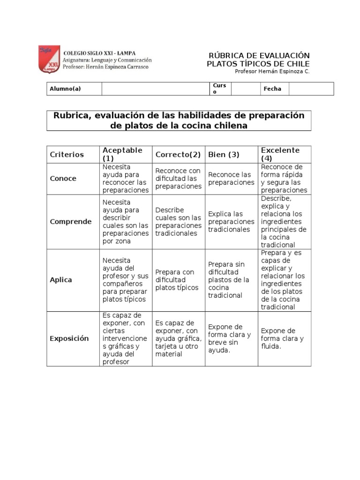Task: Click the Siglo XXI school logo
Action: (49, 59)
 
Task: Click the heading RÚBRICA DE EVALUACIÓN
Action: (258, 55)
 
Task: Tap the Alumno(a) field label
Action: (65, 89)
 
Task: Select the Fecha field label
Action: (272, 89)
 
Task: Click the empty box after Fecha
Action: (311, 89)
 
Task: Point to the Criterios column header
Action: (67, 154)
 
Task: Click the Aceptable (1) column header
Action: (123, 154)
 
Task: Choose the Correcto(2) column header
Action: (178, 154)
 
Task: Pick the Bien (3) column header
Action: (224, 154)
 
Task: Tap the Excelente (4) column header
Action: (280, 154)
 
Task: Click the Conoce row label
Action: (63, 179)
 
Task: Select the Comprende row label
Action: (71, 222)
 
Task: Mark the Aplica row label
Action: (61, 280)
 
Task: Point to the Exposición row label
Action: (69, 338)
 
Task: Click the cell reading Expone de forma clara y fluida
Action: (283, 338)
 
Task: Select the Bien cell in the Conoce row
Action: (231, 179)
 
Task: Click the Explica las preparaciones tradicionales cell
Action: (231, 222)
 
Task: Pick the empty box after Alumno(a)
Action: (155, 89)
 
